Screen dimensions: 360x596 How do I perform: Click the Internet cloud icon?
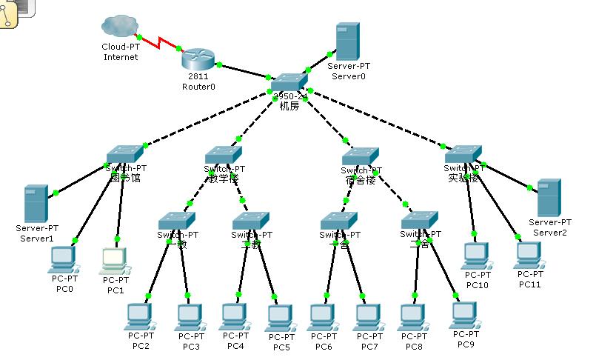point(120,27)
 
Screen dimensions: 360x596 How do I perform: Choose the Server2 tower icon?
point(549,197)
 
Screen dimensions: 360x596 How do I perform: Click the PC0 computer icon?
point(63,259)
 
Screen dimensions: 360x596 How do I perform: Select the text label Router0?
point(198,87)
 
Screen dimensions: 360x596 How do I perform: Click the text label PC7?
point(369,346)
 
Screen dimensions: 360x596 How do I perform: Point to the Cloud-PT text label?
point(121,47)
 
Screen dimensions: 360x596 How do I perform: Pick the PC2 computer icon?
point(140,318)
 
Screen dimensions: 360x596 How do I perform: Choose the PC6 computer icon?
point(323,318)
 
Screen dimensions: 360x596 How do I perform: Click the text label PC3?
point(191,346)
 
